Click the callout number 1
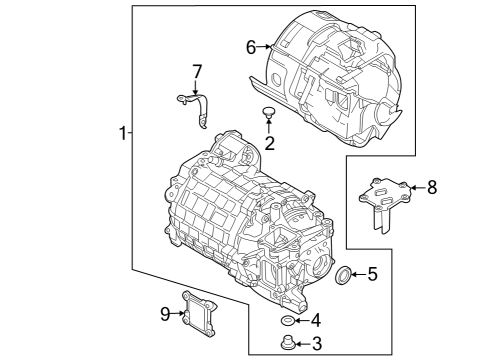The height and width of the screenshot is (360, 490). click(123, 134)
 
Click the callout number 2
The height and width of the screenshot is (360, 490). click(269, 143)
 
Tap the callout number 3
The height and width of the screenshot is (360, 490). click(317, 344)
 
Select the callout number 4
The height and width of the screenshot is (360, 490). click(316, 320)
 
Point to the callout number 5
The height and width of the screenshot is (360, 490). click(372, 274)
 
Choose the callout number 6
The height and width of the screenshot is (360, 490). click(251, 46)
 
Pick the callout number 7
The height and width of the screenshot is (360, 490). click(197, 72)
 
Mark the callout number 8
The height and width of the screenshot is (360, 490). click(432, 186)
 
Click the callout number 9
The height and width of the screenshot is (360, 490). click(166, 314)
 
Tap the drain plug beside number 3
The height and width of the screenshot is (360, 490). click(290, 343)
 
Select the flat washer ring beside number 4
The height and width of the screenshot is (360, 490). click(288, 320)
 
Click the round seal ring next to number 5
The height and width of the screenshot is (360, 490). click(343, 275)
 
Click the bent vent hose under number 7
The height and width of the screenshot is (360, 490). click(195, 106)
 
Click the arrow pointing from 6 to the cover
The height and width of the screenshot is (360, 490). click(265, 46)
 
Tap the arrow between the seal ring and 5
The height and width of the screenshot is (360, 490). click(358, 274)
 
